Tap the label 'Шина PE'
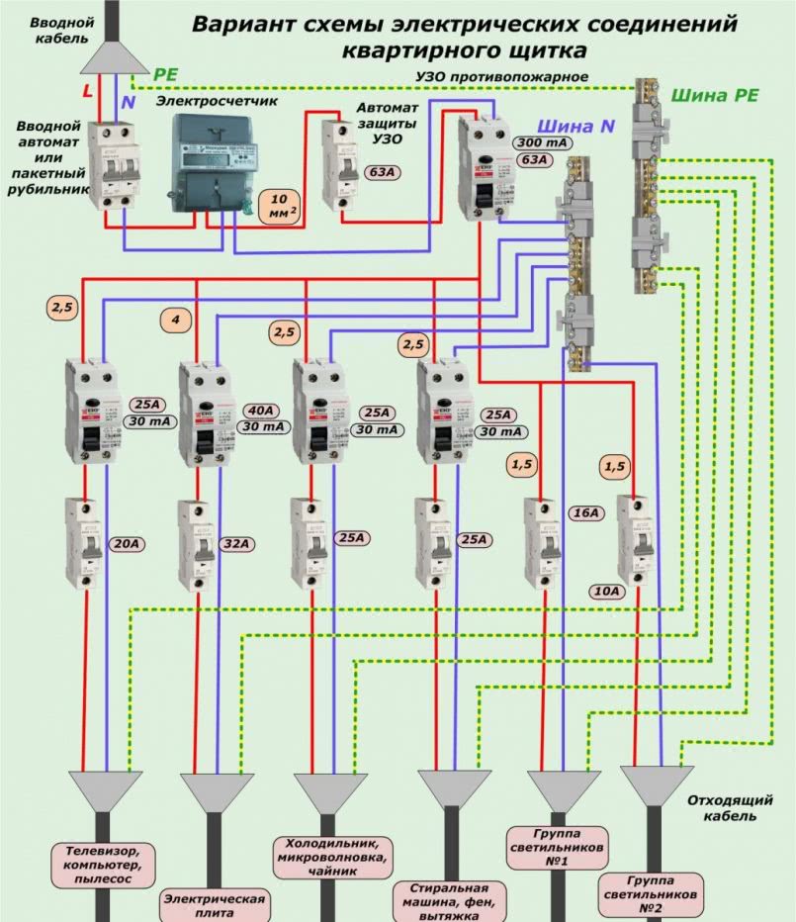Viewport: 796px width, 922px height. point(715,96)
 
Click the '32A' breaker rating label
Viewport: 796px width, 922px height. point(235,543)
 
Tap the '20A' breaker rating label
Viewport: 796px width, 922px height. point(125,543)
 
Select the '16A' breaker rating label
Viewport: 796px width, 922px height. point(585,513)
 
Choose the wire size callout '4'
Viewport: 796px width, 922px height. point(175,320)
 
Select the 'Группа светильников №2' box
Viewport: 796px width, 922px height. point(654,893)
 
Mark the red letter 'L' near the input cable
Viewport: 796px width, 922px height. point(87,90)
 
